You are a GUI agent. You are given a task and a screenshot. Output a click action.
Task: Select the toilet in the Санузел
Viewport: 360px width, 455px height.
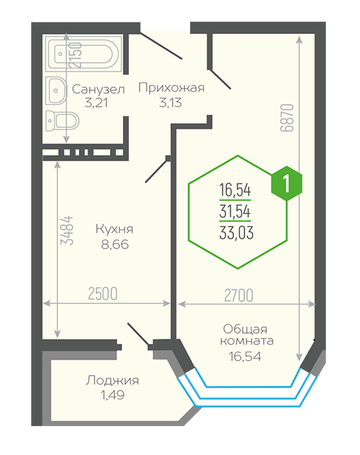pyautogui.click(x=62, y=121)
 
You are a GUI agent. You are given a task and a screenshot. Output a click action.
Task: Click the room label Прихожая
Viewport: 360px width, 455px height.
pyautogui.click(x=171, y=87)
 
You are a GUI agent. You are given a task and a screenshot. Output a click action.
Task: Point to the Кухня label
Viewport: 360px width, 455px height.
pyautogui.click(x=114, y=229)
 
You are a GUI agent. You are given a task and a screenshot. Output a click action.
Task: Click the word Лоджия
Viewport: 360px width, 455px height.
pyautogui.click(x=112, y=380)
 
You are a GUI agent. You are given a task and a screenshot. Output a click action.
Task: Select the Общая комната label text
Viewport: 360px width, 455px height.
pyautogui.click(x=247, y=334)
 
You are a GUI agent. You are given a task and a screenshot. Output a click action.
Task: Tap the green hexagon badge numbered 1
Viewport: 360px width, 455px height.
pyautogui.click(x=286, y=183)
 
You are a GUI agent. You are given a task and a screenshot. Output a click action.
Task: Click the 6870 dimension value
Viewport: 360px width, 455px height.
pyautogui.click(x=287, y=118)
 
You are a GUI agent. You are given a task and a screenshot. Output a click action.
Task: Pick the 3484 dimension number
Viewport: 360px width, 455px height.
pyautogui.click(x=67, y=230)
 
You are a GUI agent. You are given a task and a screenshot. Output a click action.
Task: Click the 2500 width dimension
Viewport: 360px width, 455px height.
pyautogui.click(x=103, y=294)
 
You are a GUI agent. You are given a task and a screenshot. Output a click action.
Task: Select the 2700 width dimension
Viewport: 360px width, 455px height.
pyautogui.click(x=239, y=295)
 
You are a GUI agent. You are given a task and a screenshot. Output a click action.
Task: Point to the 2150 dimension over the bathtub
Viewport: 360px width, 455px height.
pyautogui.click(x=76, y=55)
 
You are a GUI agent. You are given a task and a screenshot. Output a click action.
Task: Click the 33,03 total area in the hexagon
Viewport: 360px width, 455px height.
pyautogui.click(x=236, y=233)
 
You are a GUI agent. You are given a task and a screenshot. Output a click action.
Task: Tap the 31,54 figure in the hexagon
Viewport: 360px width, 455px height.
pyautogui.click(x=235, y=211)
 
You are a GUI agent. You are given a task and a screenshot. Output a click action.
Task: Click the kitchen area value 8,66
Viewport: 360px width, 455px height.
pyautogui.click(x=115, y=244)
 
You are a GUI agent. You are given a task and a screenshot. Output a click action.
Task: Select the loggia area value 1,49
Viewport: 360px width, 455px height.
pyautogui.click(x=113, y=395)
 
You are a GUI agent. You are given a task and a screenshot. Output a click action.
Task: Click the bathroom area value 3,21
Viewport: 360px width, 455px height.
pyautogui.click(x=96, y=103)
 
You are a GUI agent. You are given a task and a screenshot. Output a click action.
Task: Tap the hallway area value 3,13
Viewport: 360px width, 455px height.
pyautogui.click(x=171, y=103)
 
